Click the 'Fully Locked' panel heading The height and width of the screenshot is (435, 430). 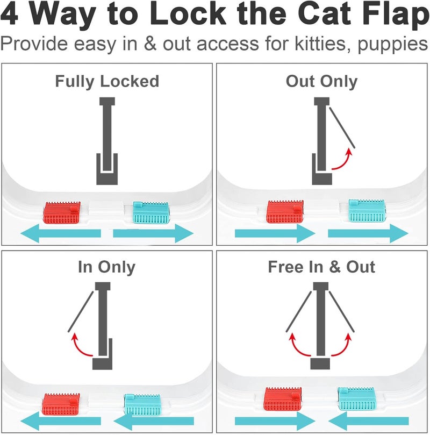click(107, 81)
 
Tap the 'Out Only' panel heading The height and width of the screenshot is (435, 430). click(321, 81)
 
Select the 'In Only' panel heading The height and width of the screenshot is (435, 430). click(106, 267)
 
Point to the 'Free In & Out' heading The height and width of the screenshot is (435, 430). click(321, 267)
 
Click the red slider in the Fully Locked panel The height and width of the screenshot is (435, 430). click(62, 213)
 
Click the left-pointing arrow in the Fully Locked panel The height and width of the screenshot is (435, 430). click(60, 233)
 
